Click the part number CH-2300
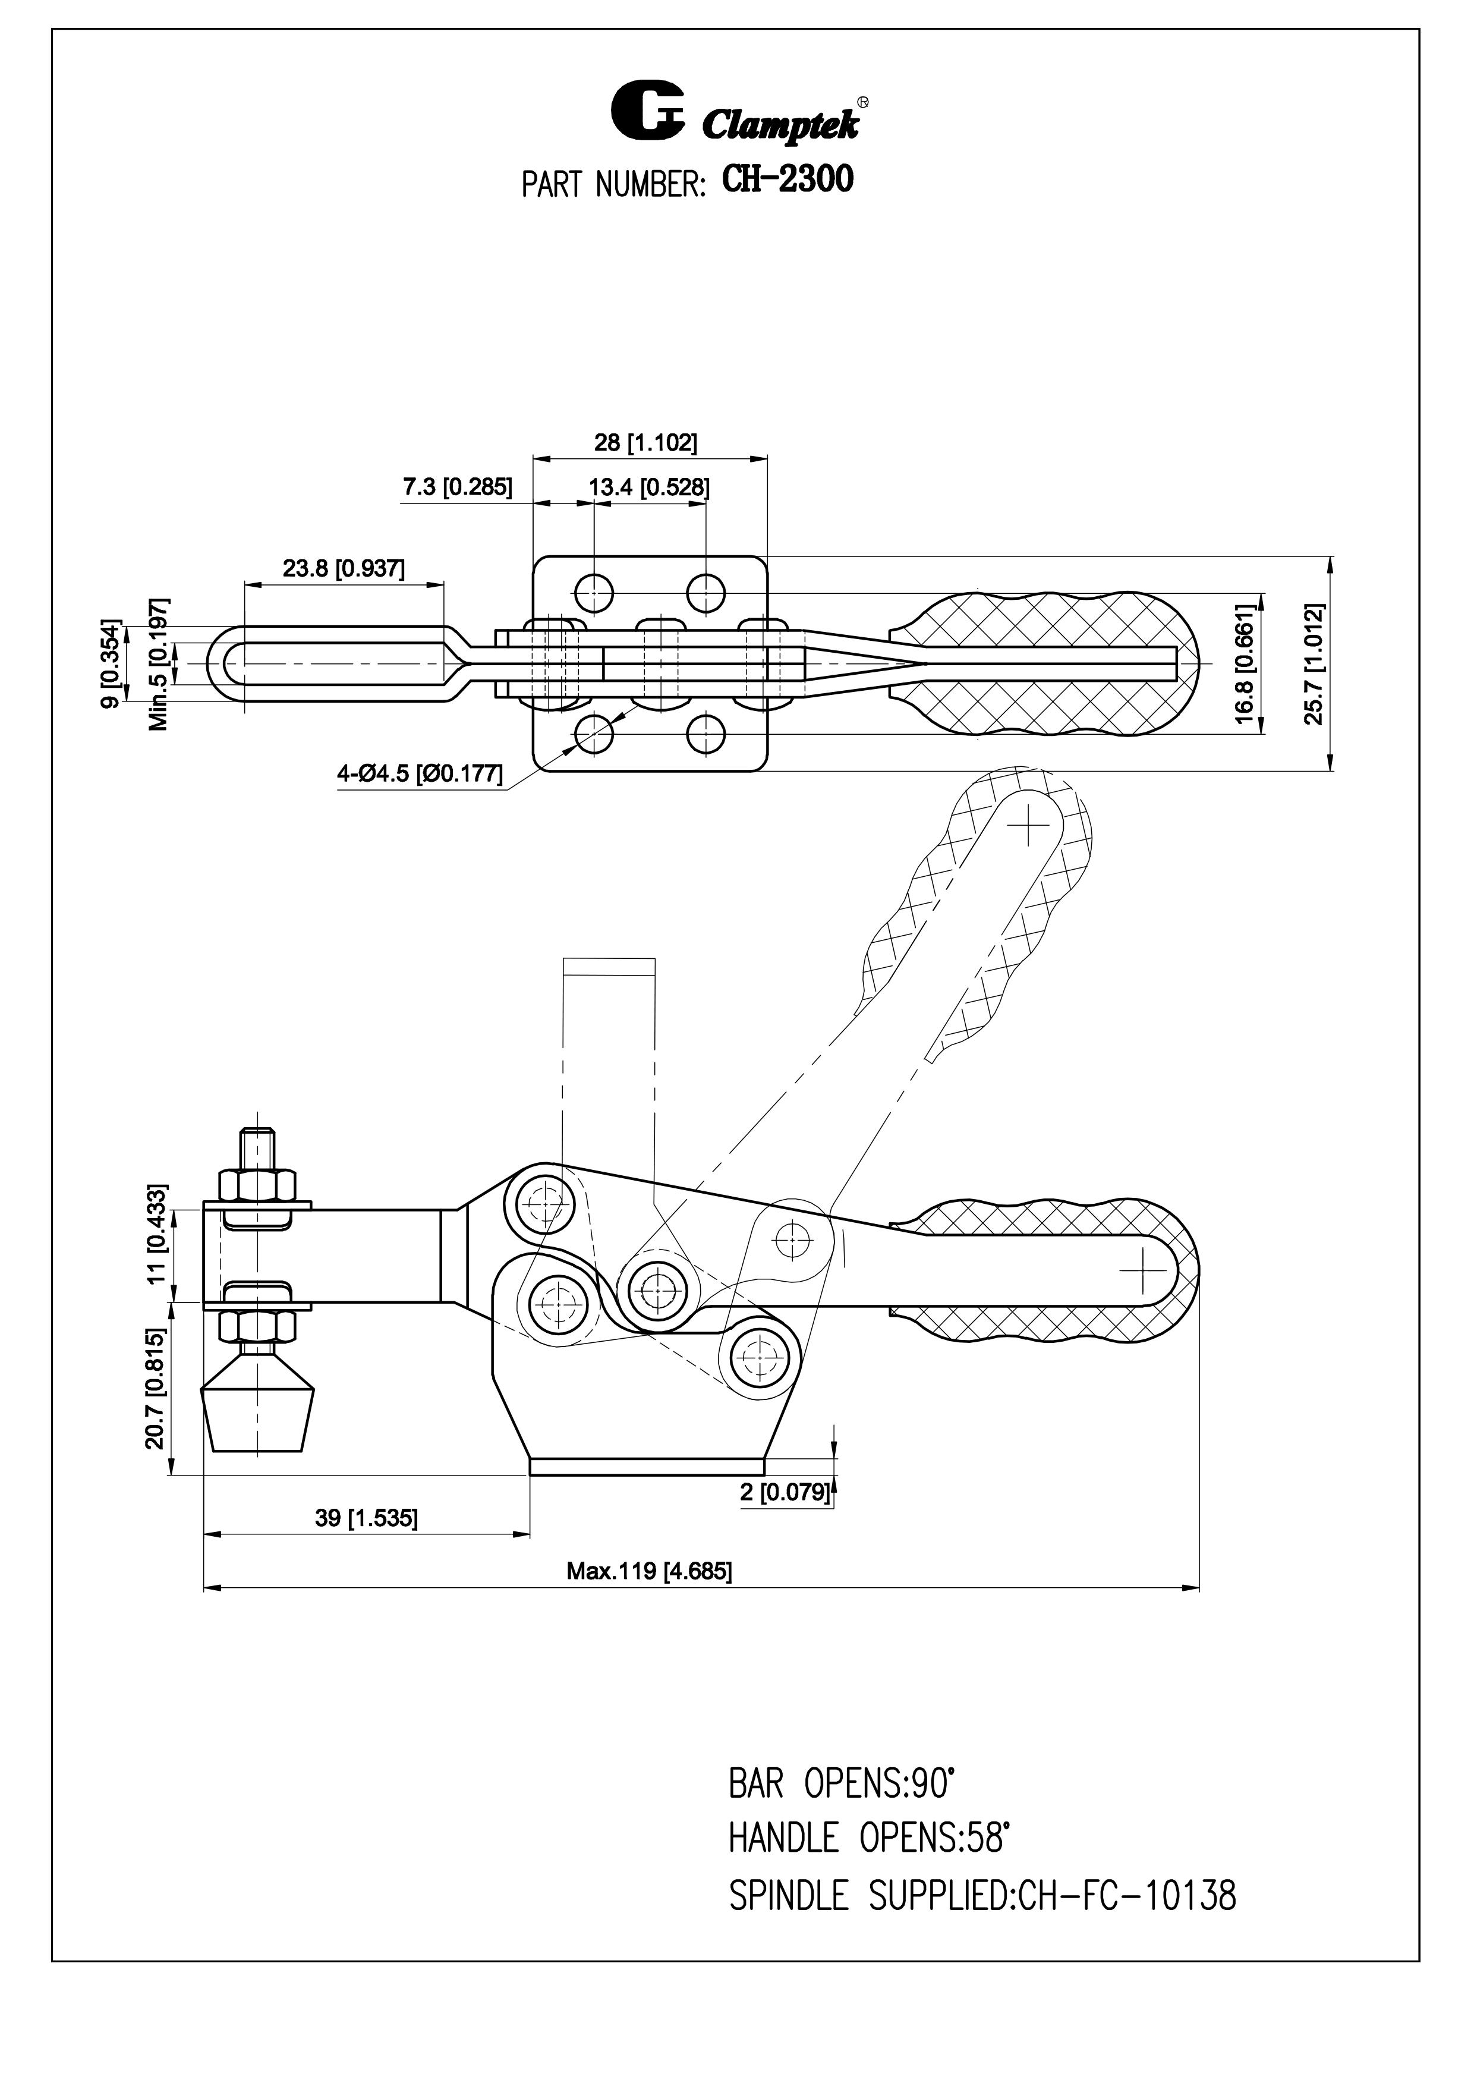click(x=788, y=179)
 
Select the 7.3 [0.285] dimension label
click(x=458, y=487)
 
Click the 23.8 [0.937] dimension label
click(x=344, y=569)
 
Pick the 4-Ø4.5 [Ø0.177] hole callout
click(x=420, y=774)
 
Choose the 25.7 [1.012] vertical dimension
click(x=1314, y=663)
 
